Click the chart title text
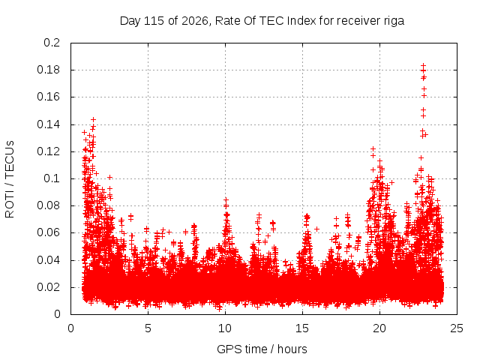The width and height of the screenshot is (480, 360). click(x=262, y=21)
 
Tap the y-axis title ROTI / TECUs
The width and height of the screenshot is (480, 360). click(x=10, y=179)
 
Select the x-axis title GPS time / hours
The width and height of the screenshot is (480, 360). click(x=262, y=349)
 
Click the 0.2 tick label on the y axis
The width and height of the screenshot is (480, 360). click(x=52, y=43)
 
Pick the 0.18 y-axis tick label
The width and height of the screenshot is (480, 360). click(x=48, y=70)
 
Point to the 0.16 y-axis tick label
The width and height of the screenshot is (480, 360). click(x=48, y=97)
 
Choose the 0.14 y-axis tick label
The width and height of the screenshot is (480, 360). click(x=48, y=124)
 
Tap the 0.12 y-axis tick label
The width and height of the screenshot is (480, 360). click(x=48, y=151)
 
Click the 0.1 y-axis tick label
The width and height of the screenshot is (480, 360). click(x=52, y=178)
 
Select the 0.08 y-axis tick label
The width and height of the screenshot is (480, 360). click(x=48, y=205)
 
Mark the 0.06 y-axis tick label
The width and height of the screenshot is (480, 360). click(x=48, y=232)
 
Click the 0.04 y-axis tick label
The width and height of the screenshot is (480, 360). click(x=48, y=260)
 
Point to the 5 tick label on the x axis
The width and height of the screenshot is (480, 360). click(x=148, y=328)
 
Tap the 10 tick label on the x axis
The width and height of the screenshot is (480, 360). click(x=225, y=328)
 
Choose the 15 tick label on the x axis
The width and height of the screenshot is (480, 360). click(x=302, y=328)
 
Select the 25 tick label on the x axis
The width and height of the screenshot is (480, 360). click(x=457, y=328)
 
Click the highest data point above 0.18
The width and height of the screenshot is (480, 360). click(x=423, y=65)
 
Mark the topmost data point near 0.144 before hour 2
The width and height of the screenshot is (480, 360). click(x=93, y=119)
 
